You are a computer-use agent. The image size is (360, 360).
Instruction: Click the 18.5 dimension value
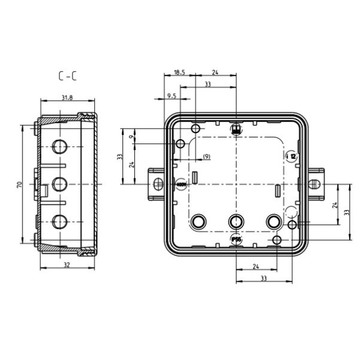(179, 73)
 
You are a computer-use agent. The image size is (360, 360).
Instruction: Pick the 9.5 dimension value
(171, 96)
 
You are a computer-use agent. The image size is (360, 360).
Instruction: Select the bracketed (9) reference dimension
(206, 157)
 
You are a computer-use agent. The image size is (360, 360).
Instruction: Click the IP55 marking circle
(236, 240)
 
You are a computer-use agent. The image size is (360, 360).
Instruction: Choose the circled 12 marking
(292, 155)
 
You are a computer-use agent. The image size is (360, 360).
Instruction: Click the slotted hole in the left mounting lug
(158, 183)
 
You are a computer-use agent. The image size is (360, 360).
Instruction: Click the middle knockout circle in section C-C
(60, 184)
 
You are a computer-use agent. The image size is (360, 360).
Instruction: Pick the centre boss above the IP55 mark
(236, 221)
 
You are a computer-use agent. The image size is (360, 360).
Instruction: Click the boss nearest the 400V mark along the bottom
(199, 221)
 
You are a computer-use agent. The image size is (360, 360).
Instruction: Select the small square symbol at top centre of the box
(236, 129)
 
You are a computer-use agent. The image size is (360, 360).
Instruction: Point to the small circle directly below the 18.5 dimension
(196, 129)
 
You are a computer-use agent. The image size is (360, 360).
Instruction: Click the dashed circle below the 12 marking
(291, 211)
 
